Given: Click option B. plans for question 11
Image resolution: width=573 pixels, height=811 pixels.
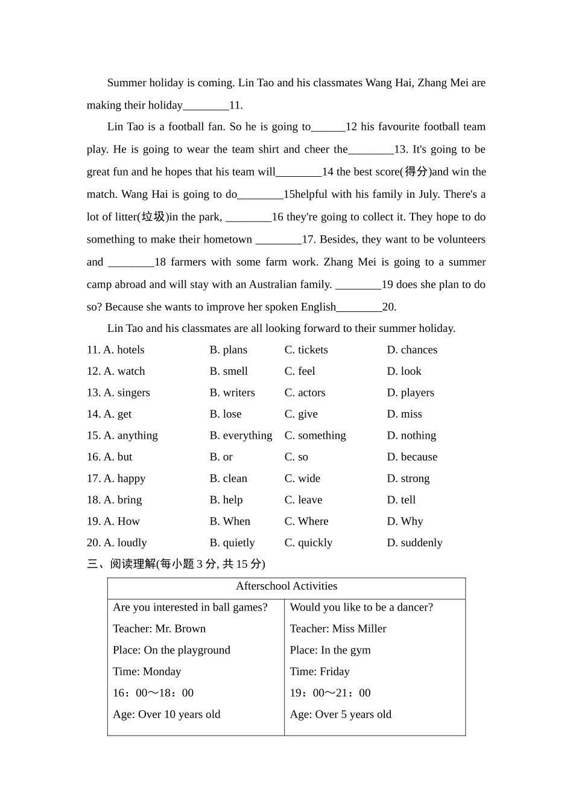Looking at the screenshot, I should (228, 350).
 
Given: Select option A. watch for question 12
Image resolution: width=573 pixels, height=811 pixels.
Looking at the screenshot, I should (124, 371).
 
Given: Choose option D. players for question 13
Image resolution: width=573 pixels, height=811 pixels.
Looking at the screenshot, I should (410, 393).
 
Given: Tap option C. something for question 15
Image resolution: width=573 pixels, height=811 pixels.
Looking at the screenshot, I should (315, 436).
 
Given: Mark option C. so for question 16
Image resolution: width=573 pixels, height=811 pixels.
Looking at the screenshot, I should (296, 457).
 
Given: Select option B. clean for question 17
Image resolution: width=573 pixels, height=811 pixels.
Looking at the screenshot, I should (228, 479).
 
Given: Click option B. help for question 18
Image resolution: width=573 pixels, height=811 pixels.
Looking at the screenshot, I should (226, 500).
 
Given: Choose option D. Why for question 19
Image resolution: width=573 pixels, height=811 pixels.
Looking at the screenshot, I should (405, 521).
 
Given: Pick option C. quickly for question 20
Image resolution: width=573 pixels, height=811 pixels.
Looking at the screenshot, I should (308, 542).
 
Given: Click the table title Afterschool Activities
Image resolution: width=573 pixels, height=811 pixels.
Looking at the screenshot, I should (286, 586).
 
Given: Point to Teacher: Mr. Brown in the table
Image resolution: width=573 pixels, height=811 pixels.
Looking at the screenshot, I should (159, 629).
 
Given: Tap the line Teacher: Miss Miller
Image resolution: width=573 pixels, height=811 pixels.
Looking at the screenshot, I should (338, 629).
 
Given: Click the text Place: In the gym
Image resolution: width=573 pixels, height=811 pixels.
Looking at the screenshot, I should (330, 650).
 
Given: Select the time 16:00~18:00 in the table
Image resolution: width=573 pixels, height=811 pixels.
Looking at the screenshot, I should (153, 693).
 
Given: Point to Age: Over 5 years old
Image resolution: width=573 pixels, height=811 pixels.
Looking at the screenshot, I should (340, 714).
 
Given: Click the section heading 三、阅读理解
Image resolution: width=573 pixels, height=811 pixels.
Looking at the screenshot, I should (121, 564).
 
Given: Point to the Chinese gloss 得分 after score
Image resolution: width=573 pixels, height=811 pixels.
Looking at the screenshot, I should (416, 172).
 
